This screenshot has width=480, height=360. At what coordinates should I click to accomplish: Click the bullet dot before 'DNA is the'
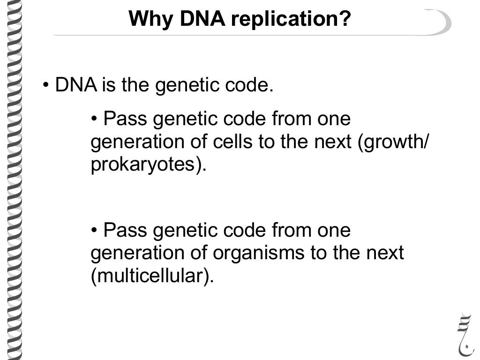tap(46, 86)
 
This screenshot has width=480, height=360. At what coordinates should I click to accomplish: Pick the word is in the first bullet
tap(108, 86)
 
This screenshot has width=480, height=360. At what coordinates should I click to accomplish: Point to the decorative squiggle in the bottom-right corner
tap(464, 332)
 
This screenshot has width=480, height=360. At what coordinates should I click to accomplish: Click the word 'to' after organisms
tap(318, 253)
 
